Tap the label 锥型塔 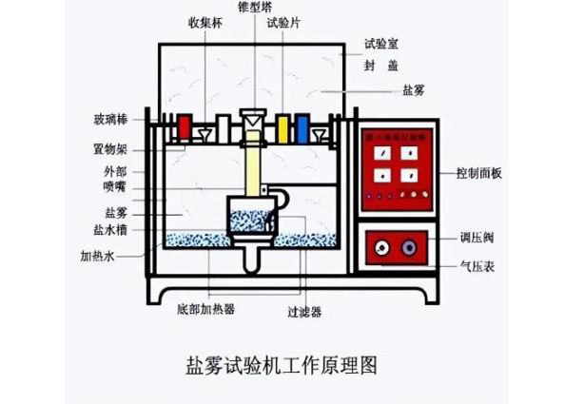pyautogui.click(x=259, y=7)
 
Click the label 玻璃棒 pyautogui.click(x=123, y=119)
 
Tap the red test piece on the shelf pyautogui.click(x=185, y=127)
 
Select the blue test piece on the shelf pyautogui.click(x=302, y=127)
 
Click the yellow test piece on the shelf pyautogui.click(x=283, y=127)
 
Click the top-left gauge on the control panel pyautogui.click(x=383, y=152)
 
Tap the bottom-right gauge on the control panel pyautogui.click(x=409, y=174)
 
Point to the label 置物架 pyautogui.click(x=123, y=149)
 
